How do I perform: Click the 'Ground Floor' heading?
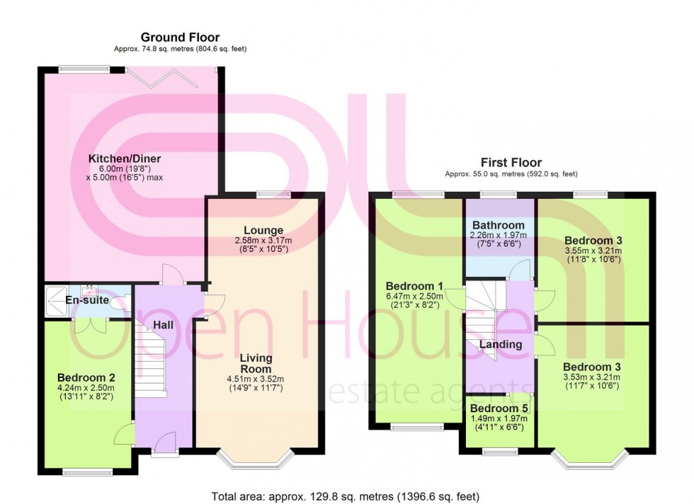pyautogui.click(x=180, y=38)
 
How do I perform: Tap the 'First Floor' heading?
pyautogui.click(x=511, y=162)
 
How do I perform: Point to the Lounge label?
pyautogui.click(x=263, y=231)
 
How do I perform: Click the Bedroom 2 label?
pyautogui.click(x=86, y=378)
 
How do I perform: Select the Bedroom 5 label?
pyautogui.click(x=500, y=408)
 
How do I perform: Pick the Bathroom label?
pyautogui.click(x=500, y=225)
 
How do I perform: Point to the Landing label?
pyautogui.click(x=501, y=345)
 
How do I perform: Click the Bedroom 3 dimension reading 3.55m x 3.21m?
pyautogui.click(x=593, y=250)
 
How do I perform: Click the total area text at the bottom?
pyautogui.click(x=350, y=496)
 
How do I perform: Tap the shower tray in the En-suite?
pyautogui.click(x=56, y=301)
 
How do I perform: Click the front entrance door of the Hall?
pyautogui.click(x=164, y=447)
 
